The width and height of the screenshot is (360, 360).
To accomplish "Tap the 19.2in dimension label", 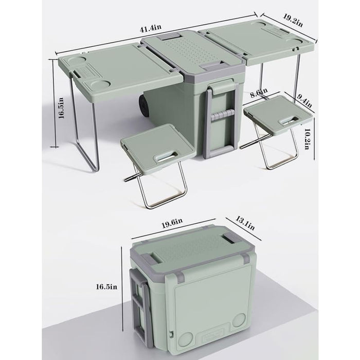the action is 292,20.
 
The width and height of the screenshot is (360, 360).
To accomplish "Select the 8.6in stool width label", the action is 259,93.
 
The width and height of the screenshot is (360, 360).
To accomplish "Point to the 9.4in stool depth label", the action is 304,100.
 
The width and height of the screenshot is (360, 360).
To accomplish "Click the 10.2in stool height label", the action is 307,138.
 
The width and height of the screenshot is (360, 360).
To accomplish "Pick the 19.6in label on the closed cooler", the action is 172,223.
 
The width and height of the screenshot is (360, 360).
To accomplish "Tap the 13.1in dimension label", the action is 245,223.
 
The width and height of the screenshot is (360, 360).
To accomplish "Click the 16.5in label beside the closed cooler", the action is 106,287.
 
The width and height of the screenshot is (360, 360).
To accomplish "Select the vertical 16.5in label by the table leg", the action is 61,108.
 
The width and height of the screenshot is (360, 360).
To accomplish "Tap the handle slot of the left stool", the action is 166,157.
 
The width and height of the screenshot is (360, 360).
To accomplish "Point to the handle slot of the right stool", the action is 289,120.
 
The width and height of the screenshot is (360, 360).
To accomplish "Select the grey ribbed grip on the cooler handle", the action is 222,115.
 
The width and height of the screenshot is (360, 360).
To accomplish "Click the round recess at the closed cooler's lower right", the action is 239,320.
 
